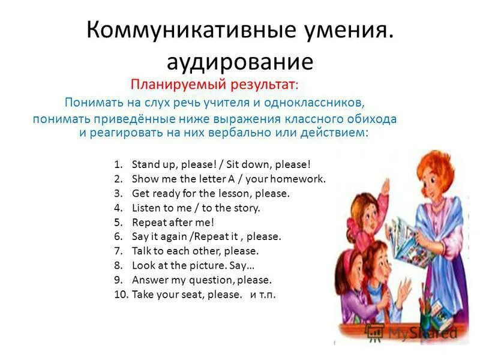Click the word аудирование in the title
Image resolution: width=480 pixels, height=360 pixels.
click(x=239, y=61)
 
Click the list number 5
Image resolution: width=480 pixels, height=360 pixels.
click(x=118, y=222)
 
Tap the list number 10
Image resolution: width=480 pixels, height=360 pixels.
click(x=120, y=295)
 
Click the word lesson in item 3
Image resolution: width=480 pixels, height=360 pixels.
click(x=235, y=193)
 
